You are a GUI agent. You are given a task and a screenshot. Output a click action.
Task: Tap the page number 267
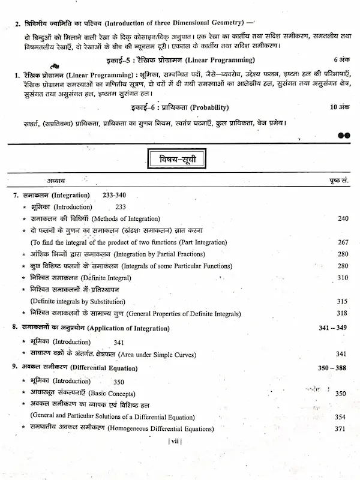pos(343,242)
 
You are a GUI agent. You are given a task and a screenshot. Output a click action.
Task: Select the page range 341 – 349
pos(332,329)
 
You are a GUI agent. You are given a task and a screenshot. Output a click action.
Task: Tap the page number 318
pos(342,313)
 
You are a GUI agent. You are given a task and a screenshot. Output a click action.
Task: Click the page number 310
pos(343,278)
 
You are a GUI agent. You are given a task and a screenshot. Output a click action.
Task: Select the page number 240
pos(343,218)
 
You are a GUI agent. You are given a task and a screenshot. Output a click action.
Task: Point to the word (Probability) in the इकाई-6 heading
pos(208,108)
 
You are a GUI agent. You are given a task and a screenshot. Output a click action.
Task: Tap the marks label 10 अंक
pos(339,108)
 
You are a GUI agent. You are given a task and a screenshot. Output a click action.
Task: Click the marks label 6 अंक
pos(341,60)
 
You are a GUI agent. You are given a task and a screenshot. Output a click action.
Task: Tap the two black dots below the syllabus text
pos(343,136)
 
